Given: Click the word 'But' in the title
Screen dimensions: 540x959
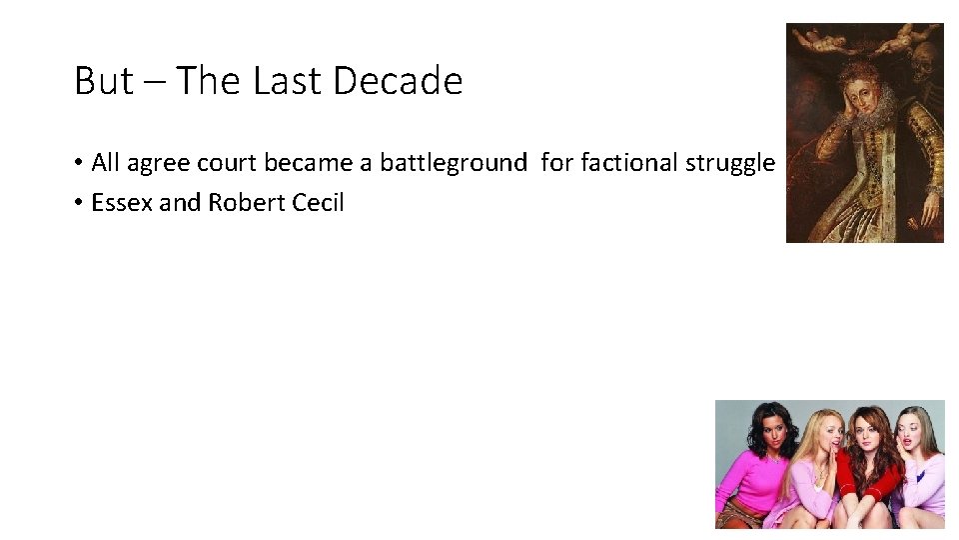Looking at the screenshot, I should pyautogui.click(x=103, y=81).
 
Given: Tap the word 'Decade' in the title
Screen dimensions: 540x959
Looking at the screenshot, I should pyautogui.click(x=398, y=81).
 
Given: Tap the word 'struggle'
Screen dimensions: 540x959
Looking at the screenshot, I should pyautogui.click(x=730, y=163).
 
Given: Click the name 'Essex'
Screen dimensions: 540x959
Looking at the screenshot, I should pyautogui.click(x=122, y=202).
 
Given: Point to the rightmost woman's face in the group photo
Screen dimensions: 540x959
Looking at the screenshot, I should pyautogui.click(x=911, y=430).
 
